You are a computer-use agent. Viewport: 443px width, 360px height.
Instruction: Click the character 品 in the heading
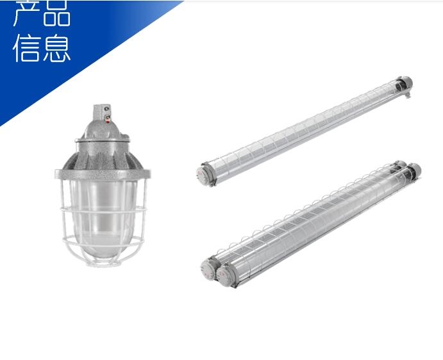(56, 13)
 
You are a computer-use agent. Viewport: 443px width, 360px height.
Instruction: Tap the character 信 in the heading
(27, 48)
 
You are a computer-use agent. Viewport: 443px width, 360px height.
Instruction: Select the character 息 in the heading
(56, 48)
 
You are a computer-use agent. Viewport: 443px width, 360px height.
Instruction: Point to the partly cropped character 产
(26, 13)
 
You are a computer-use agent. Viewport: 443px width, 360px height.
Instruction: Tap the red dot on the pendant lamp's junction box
(108, 122)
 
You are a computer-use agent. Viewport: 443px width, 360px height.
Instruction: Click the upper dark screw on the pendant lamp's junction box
(107, 108)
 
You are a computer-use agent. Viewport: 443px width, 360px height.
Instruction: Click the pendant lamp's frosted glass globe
(103, 218)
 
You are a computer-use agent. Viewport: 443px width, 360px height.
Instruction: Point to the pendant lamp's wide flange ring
(103, 174)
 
